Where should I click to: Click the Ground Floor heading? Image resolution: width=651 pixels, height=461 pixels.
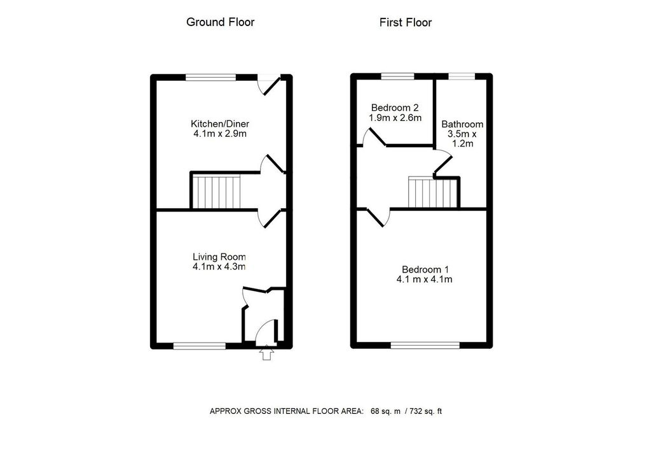click(x=220, y=22)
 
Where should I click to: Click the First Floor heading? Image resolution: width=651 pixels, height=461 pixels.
click(x=405, y=23)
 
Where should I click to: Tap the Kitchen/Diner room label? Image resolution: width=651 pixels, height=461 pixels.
click(x=219, y=124)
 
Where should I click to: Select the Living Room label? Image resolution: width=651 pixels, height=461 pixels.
click(x=219, y=257)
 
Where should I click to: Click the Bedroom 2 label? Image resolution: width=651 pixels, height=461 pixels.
click(x=395, y=108)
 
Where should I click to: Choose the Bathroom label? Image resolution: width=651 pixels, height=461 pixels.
click(x=462, y=124)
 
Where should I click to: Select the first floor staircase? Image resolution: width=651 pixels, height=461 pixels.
click(x=433, y=192)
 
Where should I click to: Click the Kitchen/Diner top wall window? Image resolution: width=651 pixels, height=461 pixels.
click(x=211, y=78)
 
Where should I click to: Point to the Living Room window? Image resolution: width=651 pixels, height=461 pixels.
click(x=200, y=346)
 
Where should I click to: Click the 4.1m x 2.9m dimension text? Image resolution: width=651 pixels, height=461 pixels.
click(x=219, y=134)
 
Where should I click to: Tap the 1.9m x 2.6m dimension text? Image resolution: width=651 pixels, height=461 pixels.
click(x=395, y=118)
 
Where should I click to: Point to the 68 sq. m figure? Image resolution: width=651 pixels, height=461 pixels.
click(x=386, y=411)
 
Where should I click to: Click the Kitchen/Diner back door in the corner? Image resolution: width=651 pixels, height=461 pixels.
click(x=270, y=85)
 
